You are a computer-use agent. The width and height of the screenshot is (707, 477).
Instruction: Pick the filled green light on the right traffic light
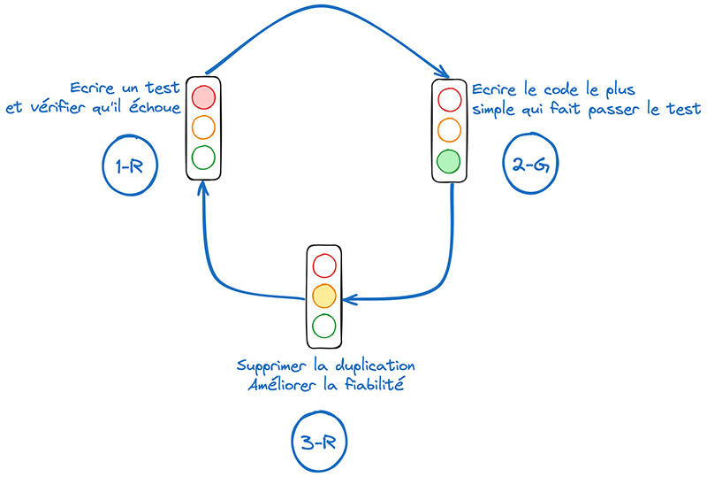(x=449, y=160)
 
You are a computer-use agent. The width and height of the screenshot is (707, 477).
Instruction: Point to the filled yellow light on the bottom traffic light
(x=324, y=295)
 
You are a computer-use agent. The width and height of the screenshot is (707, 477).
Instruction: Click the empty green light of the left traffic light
(x=204, y=158)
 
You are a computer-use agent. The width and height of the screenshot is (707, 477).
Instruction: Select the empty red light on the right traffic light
(x=449, y=97)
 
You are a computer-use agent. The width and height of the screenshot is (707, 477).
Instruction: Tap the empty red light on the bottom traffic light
(x=324, y=265)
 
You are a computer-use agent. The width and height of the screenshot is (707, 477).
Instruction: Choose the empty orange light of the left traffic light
(x=204, y=127)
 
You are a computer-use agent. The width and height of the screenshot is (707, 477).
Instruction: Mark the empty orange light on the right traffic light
(x=449, y=129)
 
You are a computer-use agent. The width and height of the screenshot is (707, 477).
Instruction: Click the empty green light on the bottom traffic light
(x=324, y=326)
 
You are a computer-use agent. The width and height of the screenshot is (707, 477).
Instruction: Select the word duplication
(x=375, y=365)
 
